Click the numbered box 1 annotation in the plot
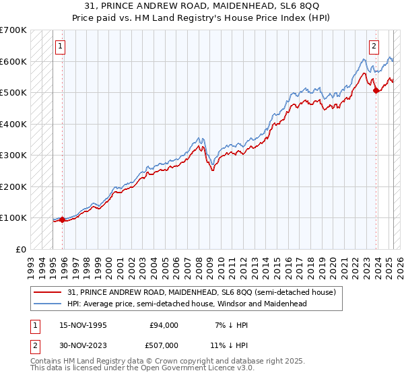[x=61, y=46]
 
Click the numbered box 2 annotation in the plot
[x=374, y=46]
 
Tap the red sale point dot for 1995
[x=63, y=219]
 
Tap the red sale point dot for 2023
[x=376, y=91]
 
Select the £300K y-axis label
[x=14, y=156]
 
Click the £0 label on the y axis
[x=21, y=249]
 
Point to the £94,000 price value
[x=164, y=325]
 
